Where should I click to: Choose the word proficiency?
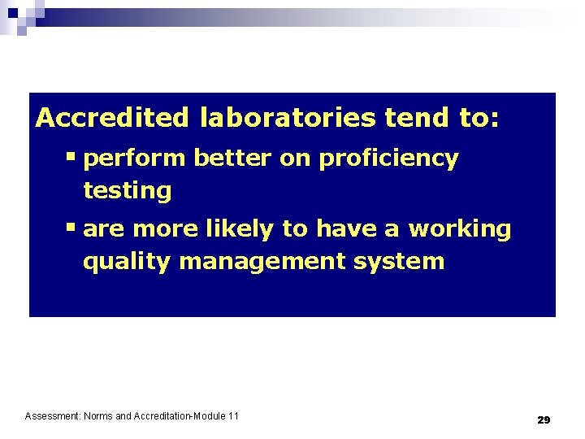pyautogui.click(x=388, y=159)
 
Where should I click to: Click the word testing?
pyautogui.click(x=128, y=192)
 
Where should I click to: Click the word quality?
pyautogui.click(x=127, y=263)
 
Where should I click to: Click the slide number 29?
pyautogui.click(x=544, y=420)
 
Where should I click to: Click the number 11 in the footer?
pyautogui.click(x=233, y=416)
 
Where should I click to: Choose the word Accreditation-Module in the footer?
pyautogui.click(x=180, y=416)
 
